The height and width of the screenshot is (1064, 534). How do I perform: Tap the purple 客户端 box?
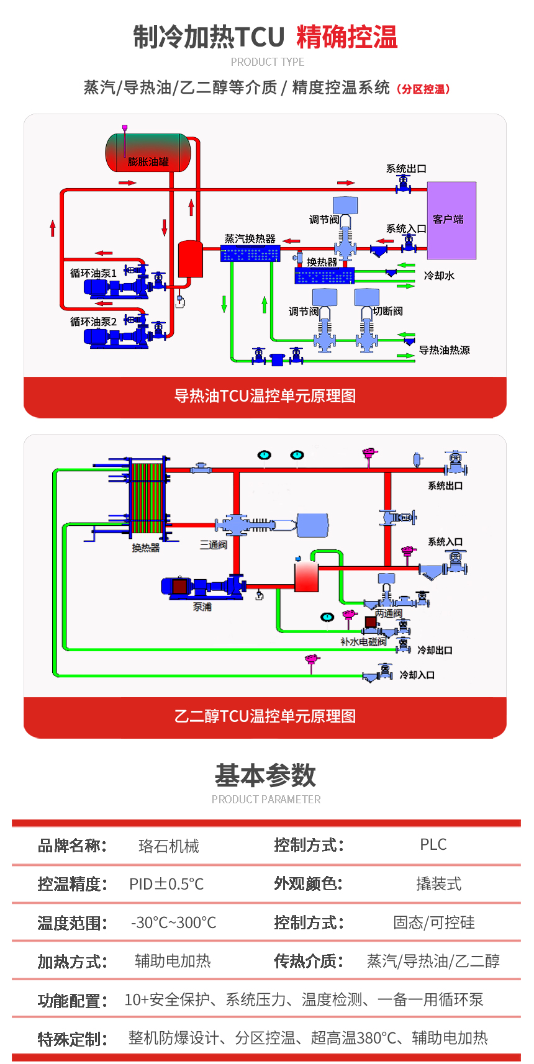point(451,220)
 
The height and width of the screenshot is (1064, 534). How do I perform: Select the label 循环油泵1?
point(93,273)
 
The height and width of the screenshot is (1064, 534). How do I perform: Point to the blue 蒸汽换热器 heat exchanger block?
point(250,253)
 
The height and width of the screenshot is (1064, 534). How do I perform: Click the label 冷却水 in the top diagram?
point(439,276)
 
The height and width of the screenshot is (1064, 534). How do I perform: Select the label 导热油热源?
point(444,350)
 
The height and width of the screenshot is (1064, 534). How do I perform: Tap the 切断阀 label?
point(388,311)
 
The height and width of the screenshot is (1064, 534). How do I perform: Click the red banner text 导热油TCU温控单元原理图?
point(265,396)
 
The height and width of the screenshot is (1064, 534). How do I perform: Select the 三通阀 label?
point(213,545)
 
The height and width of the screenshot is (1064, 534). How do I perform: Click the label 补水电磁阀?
point(363,642)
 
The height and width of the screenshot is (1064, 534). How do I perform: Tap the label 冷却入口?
point(417,675)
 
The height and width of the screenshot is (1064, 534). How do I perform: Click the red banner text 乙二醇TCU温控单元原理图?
point(265,716)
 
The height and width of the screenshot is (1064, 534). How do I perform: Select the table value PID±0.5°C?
point(166,884)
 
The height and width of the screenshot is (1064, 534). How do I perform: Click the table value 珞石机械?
point(169,846)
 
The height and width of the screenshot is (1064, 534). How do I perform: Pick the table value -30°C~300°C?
point(174,922)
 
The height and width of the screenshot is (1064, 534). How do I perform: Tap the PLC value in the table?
point(433,845)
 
